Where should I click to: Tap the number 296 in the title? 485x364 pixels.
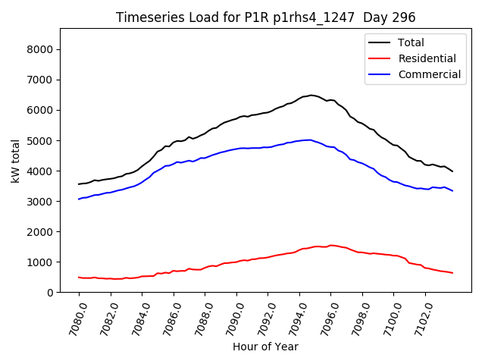(x=405, y=17)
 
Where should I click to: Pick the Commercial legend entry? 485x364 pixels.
(x=429, y=74)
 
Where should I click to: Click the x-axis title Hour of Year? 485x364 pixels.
(x=265, y=347)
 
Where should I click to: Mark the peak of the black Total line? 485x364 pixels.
(x=311, y=95)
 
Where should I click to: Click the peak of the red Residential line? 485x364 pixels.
(x=331, y=245)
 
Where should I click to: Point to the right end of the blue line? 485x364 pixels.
(x=452, y=190)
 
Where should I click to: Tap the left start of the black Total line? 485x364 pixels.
(x=79, y=184)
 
